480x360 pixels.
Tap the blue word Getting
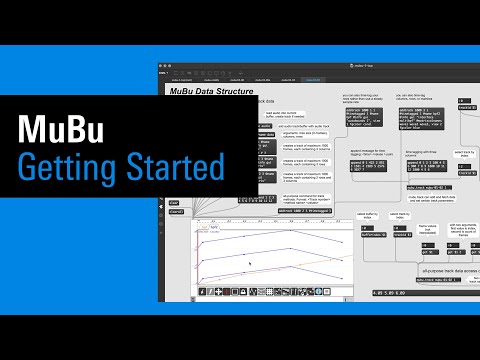tap(70, 165)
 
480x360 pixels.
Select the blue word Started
tap(177, 165)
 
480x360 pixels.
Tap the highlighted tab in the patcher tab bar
tap(312, 79)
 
